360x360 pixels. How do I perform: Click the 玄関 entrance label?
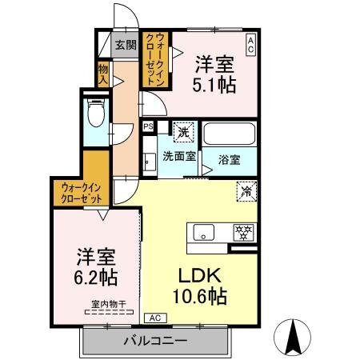[126, 45]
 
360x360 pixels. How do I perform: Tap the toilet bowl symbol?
[96, 113]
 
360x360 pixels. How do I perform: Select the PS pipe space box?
[149, 126]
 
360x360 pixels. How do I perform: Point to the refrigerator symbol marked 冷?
[246, 191]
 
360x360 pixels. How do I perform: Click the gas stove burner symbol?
[243, 233]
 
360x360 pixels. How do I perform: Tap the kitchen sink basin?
[204, 232]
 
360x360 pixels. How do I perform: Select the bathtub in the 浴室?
[230, 134]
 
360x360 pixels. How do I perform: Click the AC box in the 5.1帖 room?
[250, 45]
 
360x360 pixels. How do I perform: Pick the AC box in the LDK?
[155, 318]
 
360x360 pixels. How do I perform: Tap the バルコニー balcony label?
[156, 341]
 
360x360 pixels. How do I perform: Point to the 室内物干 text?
[108, 304]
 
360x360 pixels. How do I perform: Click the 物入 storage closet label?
[103, 74]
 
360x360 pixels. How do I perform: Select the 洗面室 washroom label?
[179, 156]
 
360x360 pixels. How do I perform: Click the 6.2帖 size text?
[96, 278]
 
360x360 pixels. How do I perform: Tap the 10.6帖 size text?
[200, 296]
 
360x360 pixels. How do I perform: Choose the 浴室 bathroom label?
[230, 160]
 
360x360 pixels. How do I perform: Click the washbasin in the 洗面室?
[149, 162]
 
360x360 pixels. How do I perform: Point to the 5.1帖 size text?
[214, 85]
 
